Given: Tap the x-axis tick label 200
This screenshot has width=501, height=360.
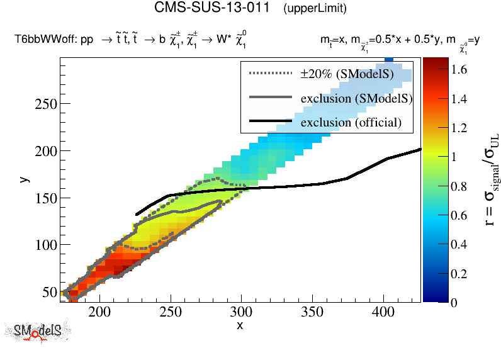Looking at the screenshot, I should pyautogui.click(x=99, y=312).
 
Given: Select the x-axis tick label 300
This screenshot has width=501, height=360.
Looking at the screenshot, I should pyautogui.click(x=241, y=312).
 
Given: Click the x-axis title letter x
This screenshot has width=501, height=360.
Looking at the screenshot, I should pyautogui.click(x=240, y=325).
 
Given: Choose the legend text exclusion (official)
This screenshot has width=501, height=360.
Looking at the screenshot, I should pyautogui.click(x=351, y=122).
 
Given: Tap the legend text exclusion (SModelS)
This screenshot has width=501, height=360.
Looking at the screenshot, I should pyautogui.click(x=356, y=98).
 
